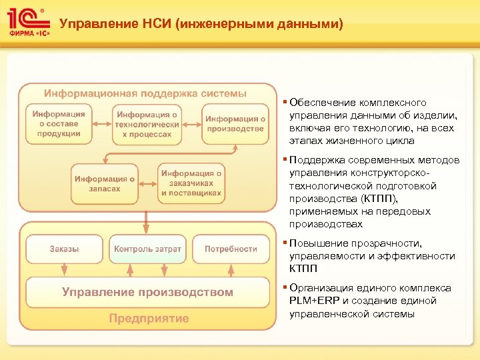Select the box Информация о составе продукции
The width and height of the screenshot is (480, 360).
(x=59, y=124)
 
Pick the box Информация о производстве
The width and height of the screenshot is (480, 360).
(x=235, y=124)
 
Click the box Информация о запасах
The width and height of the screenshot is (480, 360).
(x=105, y=183)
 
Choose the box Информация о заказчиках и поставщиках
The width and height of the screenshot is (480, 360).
(x=191, y=183)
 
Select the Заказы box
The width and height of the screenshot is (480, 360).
(x=64, y=249)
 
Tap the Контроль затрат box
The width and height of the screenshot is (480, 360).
(x=147, y=249)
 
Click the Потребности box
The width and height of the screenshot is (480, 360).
(x=231, y=249)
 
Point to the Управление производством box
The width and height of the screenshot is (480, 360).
(x=147, y=292)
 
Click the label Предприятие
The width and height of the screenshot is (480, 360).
(x=149, y=318)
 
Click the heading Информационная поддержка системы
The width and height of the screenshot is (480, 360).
(x=145, y=93)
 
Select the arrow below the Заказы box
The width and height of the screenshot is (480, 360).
(x=64, y=268)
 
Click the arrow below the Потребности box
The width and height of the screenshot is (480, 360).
(x=231, y=268)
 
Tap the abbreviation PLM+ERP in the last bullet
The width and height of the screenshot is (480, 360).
(x=314, y=301)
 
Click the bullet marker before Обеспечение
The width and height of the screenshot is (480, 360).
(x=285, y=103)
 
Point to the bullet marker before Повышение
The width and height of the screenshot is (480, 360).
(x=285, y=243)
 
